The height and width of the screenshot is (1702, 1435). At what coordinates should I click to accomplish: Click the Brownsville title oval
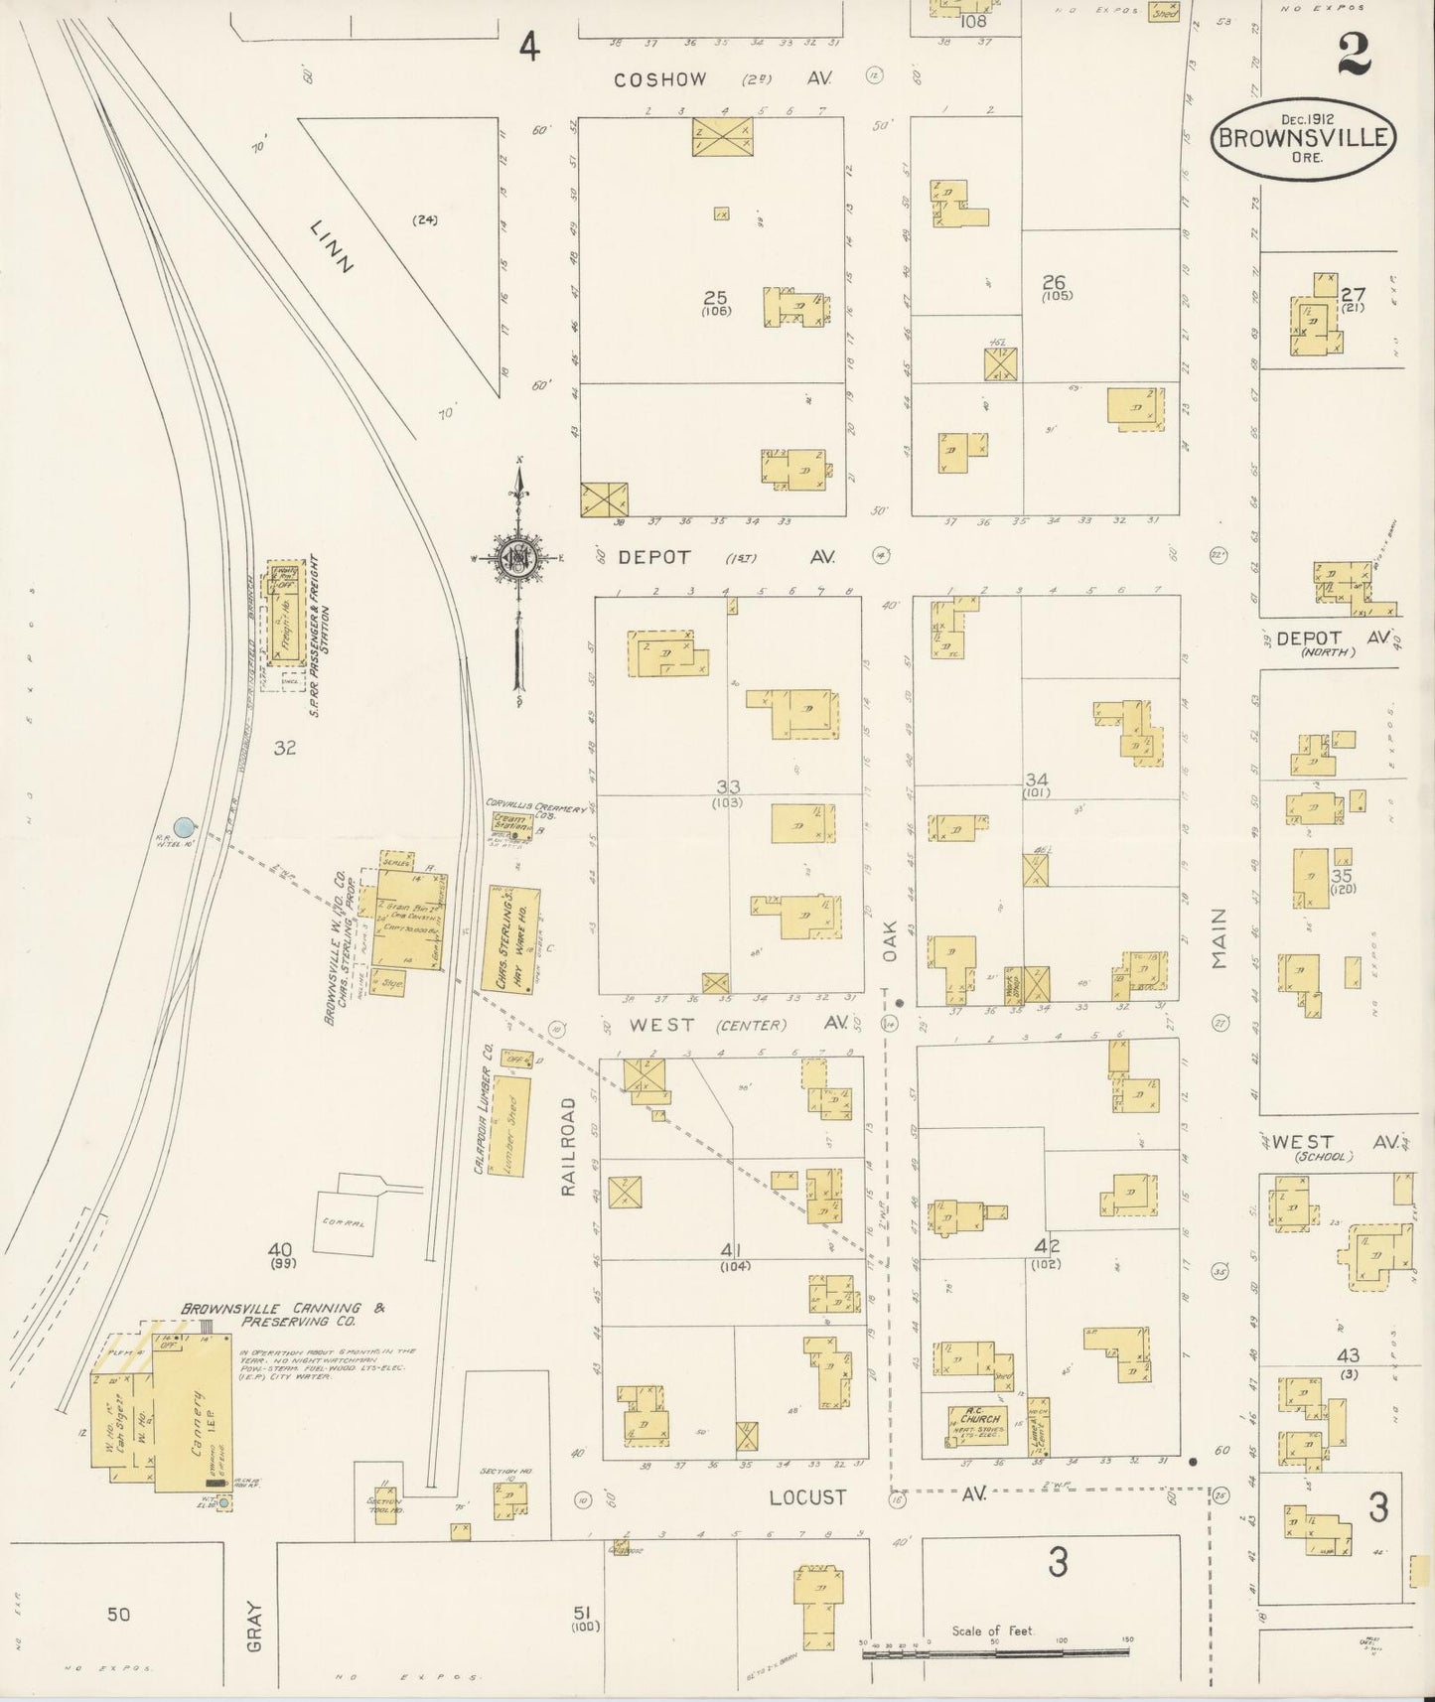(x=1303, y=139)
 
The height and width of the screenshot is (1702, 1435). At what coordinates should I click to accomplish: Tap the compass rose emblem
(x=517, y=558)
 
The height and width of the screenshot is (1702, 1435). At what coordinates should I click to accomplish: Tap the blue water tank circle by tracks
(x=184, y=826)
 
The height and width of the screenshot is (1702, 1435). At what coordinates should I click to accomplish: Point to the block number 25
(x=715, y=298)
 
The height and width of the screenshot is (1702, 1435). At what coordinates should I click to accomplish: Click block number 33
(x=727, y=786)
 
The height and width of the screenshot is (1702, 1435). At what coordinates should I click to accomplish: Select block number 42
(x=1046, y=1247)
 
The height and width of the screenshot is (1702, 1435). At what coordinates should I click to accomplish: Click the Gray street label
(x=255, y=1627)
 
